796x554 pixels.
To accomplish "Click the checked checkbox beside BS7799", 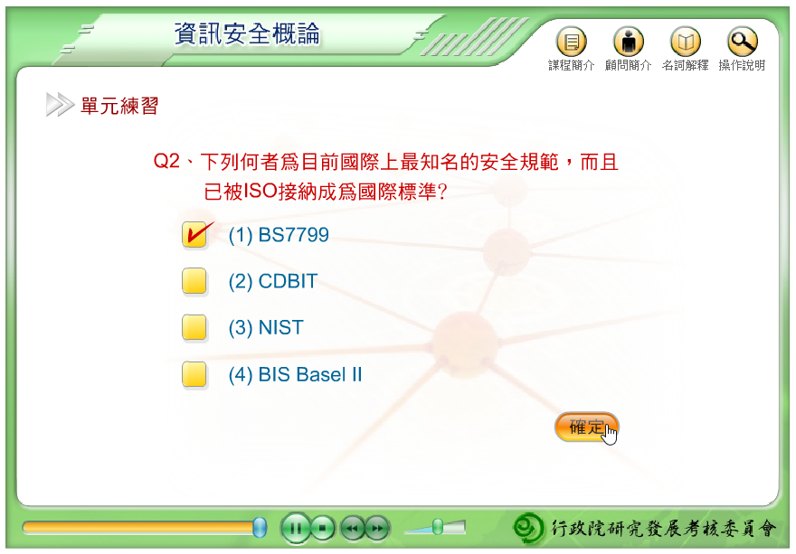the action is point(194,234).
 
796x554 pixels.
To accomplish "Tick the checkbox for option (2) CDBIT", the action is point(194,280).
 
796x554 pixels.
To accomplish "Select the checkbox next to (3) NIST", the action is point(194,327).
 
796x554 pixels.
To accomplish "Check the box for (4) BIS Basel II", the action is point(194,374).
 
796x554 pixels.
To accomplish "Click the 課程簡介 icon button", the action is point(571,41).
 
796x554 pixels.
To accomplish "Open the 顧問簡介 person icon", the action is point(629,41).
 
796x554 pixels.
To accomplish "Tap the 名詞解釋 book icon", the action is point(686,41).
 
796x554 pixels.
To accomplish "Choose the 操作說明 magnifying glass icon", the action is point(743,41).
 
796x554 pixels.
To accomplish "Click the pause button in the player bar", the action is point(296,528).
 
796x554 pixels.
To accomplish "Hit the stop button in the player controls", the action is point(322,528).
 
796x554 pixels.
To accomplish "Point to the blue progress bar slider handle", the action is point(260,528).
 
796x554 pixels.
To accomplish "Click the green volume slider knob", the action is point(437,527).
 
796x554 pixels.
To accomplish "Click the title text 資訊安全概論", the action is point(247,34).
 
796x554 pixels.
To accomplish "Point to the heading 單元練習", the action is point(119,106).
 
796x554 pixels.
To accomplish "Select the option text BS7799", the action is point(293,235).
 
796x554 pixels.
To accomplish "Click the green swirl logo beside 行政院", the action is point(528,528).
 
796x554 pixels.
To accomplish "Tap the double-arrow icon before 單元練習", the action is point(60,105).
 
